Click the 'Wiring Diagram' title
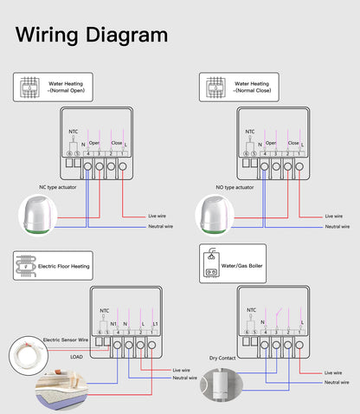click(92, 35)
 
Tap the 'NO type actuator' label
click(235, 186)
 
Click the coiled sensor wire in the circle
click(24, 354)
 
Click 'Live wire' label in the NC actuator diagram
click(158, 216)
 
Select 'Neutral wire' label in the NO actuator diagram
click(337, 226)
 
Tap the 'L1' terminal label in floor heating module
click(154, 323)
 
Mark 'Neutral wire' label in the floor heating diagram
click(184, 378)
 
